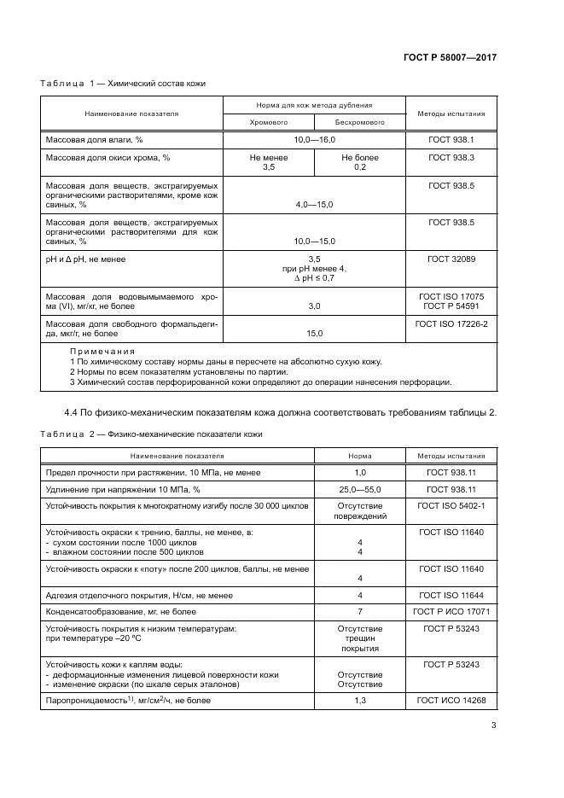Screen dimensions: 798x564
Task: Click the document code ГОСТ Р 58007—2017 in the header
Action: (x=450, y=57)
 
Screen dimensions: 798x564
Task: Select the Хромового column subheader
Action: (x=268, y=123)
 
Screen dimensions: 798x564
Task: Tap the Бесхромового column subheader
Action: (x=360, y=123)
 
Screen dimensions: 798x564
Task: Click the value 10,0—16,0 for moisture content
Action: (x=314, y=139)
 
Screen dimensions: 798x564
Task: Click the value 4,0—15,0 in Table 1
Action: (x=314, y=205)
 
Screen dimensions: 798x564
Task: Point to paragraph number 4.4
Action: (x=73, y=413)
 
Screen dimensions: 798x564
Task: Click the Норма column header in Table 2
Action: (x=359, y=456)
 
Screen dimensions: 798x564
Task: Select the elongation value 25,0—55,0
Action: (x=359, y=489)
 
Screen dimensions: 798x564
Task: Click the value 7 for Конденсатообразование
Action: (x=359, y=611)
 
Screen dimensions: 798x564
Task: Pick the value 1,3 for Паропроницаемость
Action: (x=359, y=700)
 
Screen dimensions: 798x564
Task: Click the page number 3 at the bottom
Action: (x=493, y=726)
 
